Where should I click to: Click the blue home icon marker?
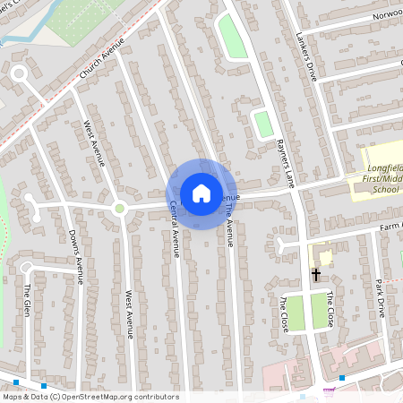(201, 193)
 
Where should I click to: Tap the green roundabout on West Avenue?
(119, 209)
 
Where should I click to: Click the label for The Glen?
(28, 300)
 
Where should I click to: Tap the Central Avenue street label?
(175, 228)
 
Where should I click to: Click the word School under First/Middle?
(385, 189)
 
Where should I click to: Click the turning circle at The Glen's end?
(27, 267)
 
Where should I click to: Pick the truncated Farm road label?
(390, 225)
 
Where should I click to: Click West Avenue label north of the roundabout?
(94, 143)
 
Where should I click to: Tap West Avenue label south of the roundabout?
(130, 313)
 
